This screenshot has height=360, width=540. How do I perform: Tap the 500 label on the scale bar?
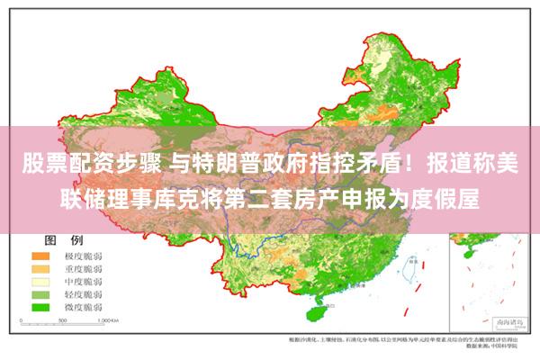click(x=69, y=319)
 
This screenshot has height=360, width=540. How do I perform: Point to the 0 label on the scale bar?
click(x=37, y=319)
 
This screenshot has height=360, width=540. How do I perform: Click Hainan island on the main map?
click(x=316, y=312)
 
